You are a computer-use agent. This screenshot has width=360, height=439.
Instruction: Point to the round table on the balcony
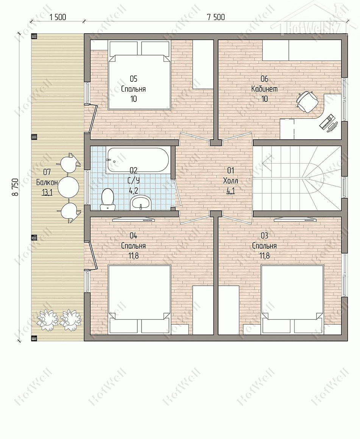(68, 187)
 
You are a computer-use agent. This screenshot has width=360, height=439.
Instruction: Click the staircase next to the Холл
(297, 178)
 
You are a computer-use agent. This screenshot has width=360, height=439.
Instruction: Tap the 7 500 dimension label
(216, 17)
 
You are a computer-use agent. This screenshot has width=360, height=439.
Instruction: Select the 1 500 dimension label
(58, 17)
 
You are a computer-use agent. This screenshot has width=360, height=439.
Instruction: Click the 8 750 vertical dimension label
(16, 187)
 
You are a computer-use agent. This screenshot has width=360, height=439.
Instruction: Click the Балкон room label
(47, 182)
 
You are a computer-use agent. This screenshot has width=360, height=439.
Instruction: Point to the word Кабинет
(265, 89)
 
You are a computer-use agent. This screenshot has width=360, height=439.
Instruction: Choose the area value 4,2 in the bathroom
(133, 191)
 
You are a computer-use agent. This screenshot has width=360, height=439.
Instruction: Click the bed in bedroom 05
(139, 75)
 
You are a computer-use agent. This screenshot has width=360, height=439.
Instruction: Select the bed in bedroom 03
(292, 299)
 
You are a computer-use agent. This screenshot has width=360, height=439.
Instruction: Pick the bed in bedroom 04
(139, 299)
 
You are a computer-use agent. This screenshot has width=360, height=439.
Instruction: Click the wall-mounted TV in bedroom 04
(133, 219)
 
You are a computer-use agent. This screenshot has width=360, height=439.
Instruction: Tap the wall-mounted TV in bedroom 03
(295, 219)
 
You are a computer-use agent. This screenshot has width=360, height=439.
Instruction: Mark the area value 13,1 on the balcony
(47, 193)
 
